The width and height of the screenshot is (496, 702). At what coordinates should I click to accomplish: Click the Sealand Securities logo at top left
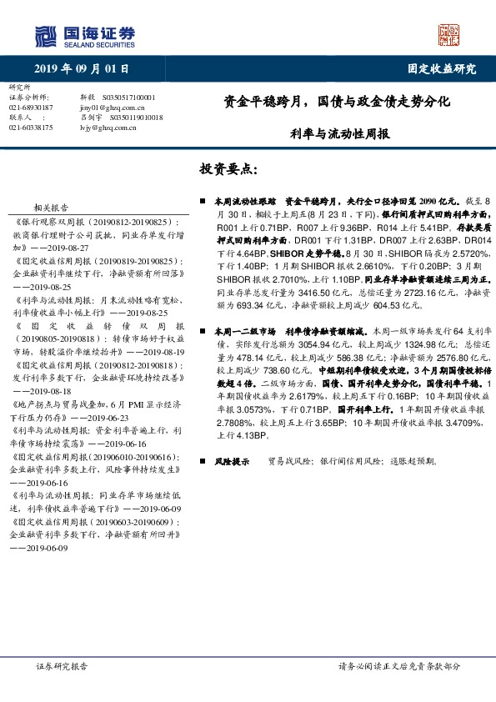click(x=83, y=36)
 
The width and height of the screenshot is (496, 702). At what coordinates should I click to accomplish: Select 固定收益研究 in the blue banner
click(x=441, y=69)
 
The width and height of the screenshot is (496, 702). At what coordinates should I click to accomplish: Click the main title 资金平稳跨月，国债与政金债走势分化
click(x=337, y=103)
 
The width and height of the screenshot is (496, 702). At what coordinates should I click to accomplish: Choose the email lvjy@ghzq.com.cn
click(x=108, y=128)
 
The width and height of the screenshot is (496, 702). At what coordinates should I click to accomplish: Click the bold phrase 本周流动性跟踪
click(x=243, y=202)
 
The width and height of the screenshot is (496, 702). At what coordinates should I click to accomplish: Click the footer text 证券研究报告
click(x=63, y=667)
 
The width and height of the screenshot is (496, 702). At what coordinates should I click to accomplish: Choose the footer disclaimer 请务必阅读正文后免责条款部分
click(x=398, y=667)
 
